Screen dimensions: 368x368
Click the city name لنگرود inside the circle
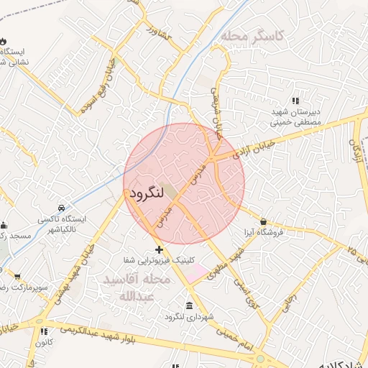tap(146, 193)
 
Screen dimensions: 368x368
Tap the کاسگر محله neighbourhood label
tap(253, 35)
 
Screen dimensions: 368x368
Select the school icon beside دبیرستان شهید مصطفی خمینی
tap(295, 101)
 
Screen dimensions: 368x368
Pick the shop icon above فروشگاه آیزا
tap(264, 221)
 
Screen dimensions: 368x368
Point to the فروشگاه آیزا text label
tap(263, 232)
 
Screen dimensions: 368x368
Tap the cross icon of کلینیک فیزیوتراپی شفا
tap(159, 249)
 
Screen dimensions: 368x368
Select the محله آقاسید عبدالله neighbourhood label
tap(137, 287)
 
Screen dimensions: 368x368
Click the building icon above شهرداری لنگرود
tap(189, 305)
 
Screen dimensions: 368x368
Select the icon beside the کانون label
tap(44, 332)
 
